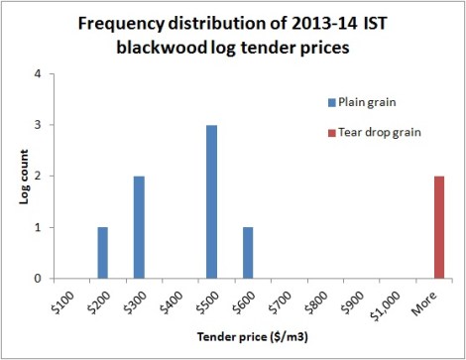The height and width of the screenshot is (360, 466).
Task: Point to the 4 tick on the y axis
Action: click(38, 73)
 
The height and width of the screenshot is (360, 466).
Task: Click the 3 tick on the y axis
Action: click(38, 125)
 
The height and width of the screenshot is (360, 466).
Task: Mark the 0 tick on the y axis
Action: click(38, 279)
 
